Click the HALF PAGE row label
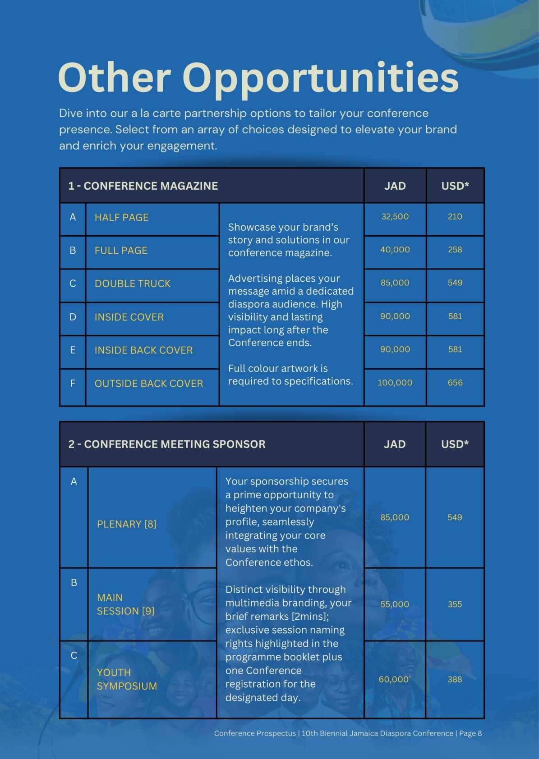[121, 217]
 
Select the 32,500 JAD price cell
[395, 216]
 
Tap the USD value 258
[455, 250]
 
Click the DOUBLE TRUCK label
[133, 283]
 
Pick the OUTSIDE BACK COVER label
[149, 384]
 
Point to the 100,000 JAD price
[395, 383]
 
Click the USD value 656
[455, 383]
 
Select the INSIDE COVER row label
[129, 317]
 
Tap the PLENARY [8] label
[126, 524]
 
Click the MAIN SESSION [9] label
[125, 604]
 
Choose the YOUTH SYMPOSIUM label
[127, 679]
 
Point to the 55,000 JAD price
[395, 604]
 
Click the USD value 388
[455, 679]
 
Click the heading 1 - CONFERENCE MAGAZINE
[143, 186]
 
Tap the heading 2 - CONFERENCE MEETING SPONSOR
[167, 444]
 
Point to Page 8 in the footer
[470, 733]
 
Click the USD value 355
[455, 604]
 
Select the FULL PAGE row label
[121, 251]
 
